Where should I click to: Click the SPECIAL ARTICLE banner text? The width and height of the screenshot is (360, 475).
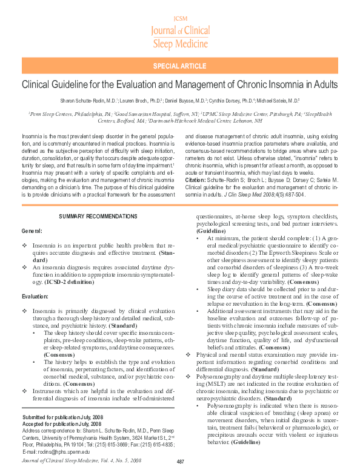(180, 66)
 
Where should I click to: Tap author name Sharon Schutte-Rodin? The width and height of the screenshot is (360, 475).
(79, 101)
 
